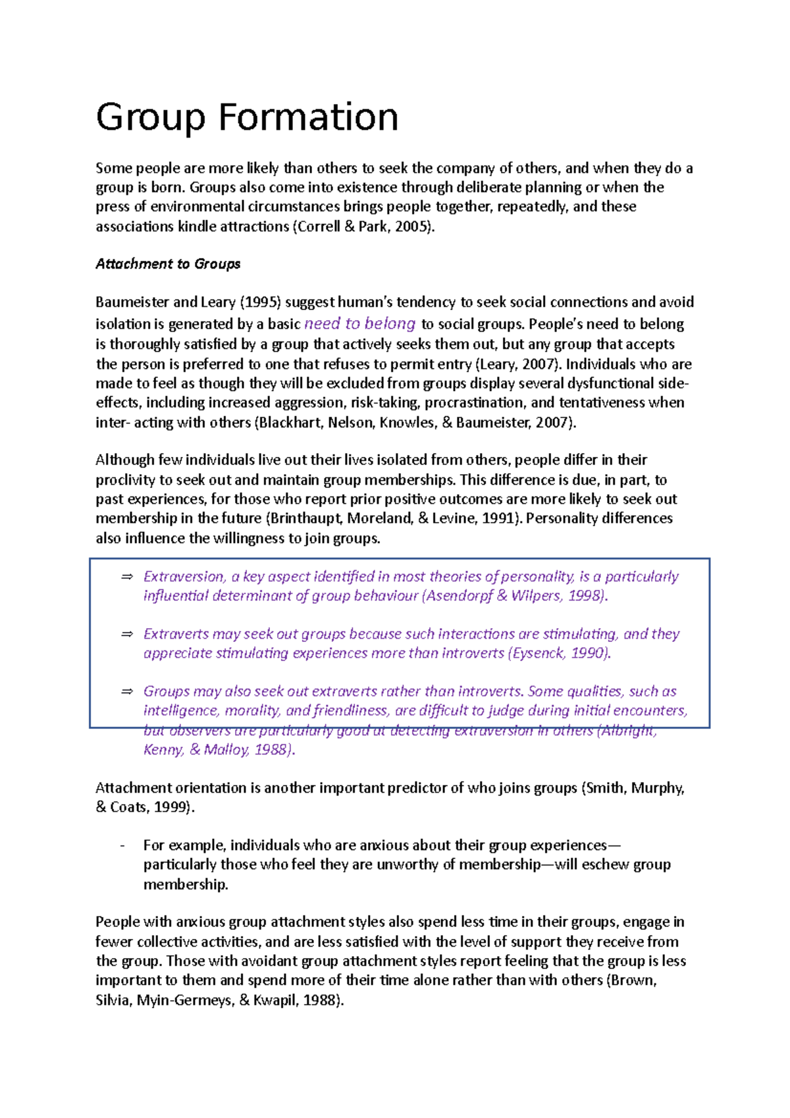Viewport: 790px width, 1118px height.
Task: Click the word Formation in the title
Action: point(307,117)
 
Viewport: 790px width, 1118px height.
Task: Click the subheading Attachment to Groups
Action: point(168,264)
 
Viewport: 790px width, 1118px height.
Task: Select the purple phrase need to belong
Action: point(359,323)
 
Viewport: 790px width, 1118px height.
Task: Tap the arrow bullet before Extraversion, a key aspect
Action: point(127,577)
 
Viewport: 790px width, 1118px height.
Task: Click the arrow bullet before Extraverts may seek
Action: point(127,634)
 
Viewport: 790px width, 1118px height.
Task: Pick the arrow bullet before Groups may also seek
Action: point(127,691)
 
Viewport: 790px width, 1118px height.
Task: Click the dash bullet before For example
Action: point(122,845)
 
